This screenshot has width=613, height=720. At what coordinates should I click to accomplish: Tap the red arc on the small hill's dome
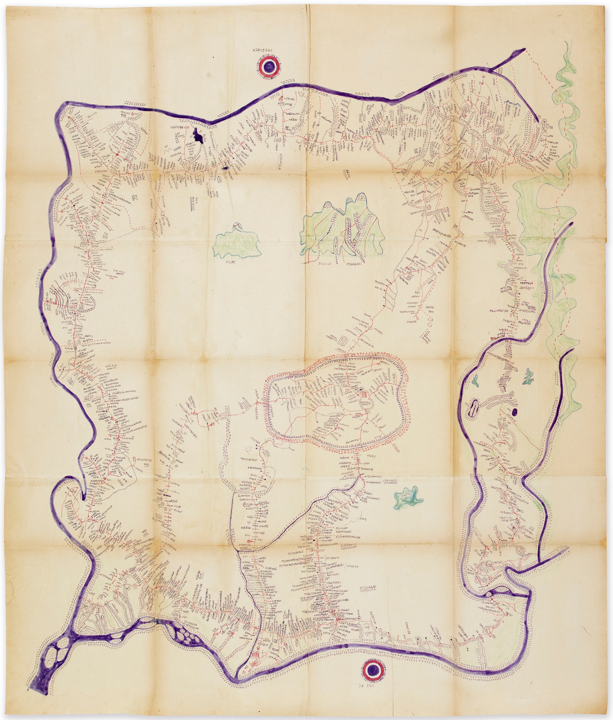click(237, 226)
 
